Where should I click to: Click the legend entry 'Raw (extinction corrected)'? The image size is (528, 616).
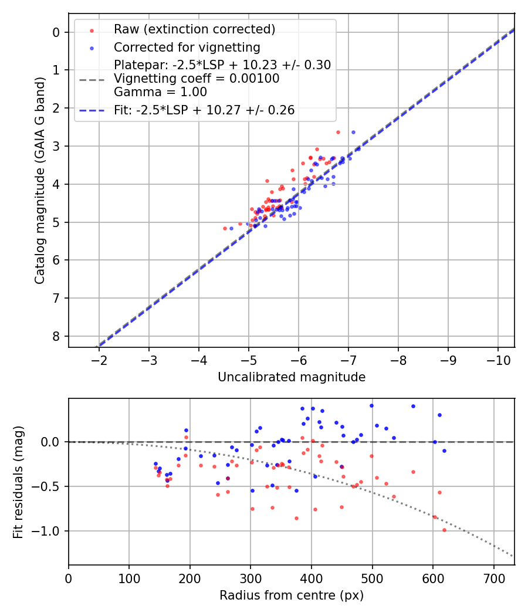194,29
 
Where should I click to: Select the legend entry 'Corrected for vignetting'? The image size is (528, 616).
187,47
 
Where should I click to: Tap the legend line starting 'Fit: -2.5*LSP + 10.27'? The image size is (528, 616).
204,110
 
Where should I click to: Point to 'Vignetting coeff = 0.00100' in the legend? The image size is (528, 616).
197,78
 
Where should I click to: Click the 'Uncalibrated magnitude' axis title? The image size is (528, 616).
292,377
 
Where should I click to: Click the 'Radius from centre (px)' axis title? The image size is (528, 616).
292,595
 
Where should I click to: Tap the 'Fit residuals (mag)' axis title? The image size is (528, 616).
18,482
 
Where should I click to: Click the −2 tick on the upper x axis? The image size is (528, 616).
99,358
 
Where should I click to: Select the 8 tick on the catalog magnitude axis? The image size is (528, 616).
56,336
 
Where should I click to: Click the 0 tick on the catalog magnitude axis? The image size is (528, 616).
56,32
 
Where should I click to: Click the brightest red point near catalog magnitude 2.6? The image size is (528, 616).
338,132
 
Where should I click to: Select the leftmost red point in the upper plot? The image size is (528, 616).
225,228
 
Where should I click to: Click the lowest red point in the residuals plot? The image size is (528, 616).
444,530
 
